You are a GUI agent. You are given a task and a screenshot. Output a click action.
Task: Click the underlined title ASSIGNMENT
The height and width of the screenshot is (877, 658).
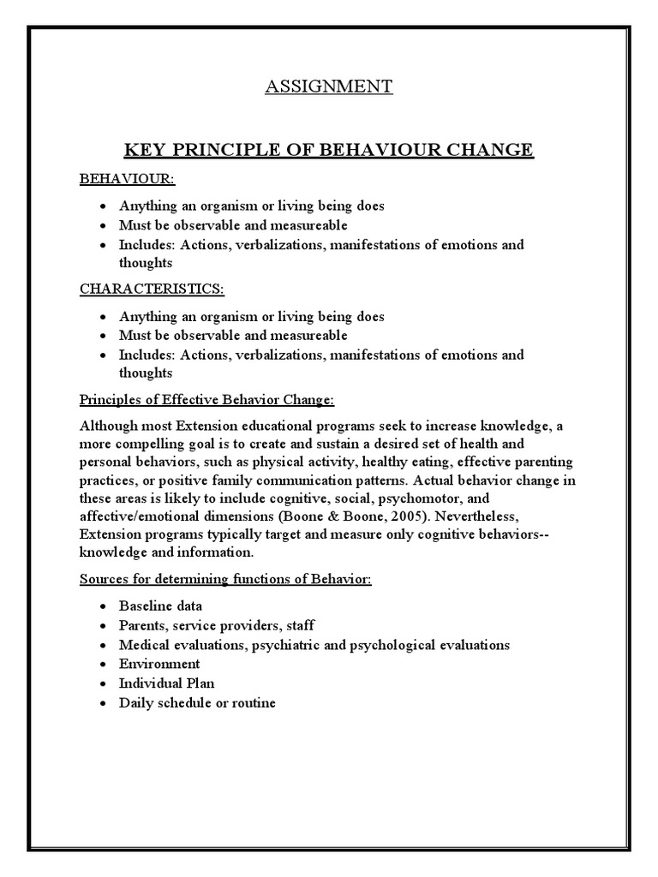click(328, 87)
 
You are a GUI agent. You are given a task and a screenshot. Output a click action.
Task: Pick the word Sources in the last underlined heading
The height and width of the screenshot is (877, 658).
click(104, 580)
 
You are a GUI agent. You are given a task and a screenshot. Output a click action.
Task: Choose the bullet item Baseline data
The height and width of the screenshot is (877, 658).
click(161, 606)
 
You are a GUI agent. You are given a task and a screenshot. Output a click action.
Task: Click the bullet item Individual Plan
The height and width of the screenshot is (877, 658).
click(167, 683)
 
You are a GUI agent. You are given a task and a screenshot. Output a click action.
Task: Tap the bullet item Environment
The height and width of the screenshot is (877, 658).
click(159, 664)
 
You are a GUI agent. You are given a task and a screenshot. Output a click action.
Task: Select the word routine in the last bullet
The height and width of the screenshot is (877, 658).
click(252, 702)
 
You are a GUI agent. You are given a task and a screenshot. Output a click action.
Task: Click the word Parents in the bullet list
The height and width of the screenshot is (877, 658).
click(142, 625)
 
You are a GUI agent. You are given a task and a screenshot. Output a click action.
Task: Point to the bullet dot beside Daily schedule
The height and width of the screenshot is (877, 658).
click(102, 703)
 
